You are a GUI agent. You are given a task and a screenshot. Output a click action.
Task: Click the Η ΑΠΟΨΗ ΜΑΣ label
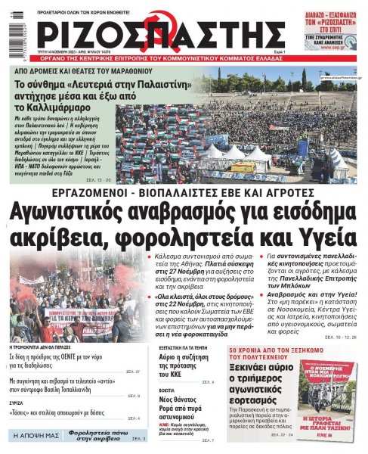pos(32,437)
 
